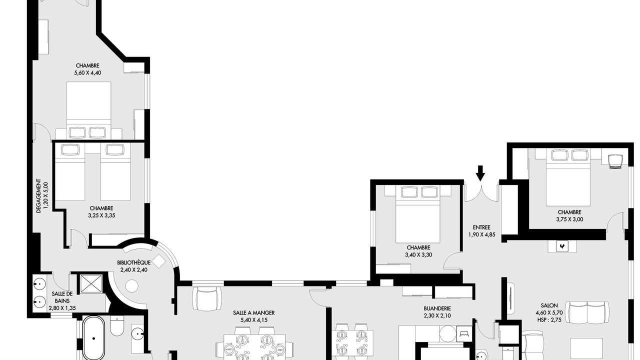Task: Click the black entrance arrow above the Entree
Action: point(480,173)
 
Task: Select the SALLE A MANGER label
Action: point(254,313)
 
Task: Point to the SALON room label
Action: point(549,305)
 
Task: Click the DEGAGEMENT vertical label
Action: point(38,196)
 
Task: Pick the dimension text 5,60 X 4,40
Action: point(87,73)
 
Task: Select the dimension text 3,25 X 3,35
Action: point(101,215)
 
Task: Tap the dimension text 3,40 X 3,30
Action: point(418,254)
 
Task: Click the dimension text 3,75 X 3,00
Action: point(569,219)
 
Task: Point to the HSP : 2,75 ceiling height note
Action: point(549,320)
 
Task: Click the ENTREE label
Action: point(481,227)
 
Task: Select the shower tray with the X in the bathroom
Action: point(91,283)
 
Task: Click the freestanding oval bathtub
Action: point(93,338)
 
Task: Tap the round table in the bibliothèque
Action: point(131,286)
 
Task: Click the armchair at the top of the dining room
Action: point(207,298)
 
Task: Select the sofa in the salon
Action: point(587,312)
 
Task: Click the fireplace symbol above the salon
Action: point(562,246)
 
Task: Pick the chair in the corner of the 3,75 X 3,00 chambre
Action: point(615,162)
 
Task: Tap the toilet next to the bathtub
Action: point(117,326)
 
